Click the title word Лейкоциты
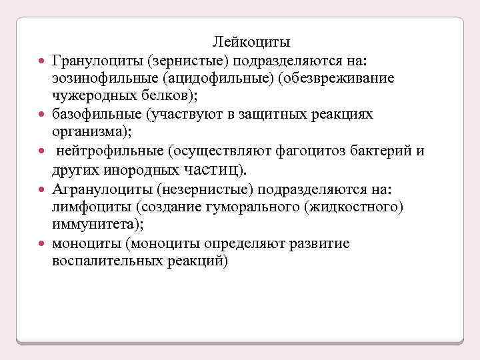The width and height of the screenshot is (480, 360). click(x=251, y=43)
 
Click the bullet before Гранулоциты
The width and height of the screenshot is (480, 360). click(x=42, y=62)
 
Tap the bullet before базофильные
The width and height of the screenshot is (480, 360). click(x=42, y=115)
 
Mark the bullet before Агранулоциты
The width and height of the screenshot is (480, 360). click(x=42, y=190)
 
